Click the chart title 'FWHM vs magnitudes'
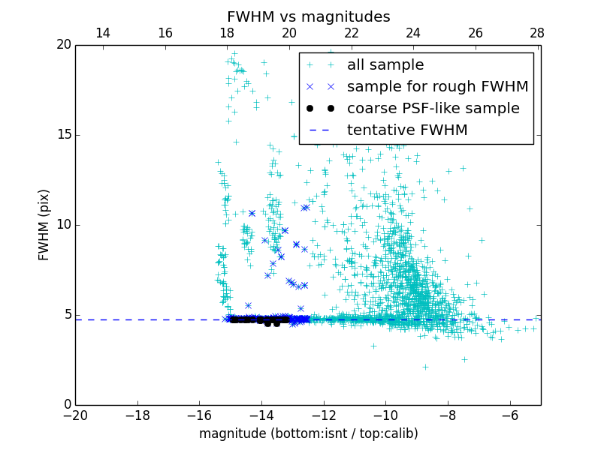(308, 16)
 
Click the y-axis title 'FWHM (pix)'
(44, 225)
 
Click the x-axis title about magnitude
(308, 433)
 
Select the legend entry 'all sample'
(385, 65)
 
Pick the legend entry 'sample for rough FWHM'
(437, 87)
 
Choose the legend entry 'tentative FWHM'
(407, 130)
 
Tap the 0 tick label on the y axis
(66, 405)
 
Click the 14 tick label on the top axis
(103, 33)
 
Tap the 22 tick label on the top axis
(352, 33)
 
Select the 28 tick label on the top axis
(537, 33)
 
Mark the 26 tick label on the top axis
(476, 33)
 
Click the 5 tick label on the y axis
(66, 315)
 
